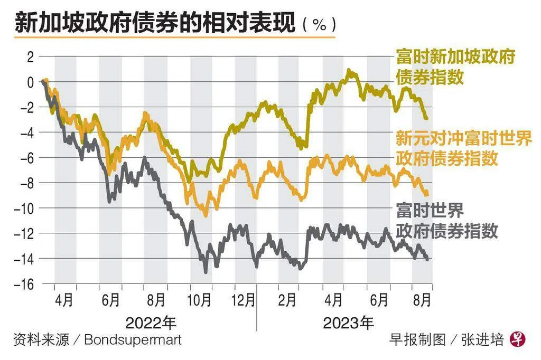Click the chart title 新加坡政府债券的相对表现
pos(154,24)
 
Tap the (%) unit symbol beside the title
pos(319,25)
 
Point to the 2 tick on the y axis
pos(30,57)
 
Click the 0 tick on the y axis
pos(30,82)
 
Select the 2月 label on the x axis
pos(287,300)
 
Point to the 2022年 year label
pos(151,321)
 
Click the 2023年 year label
pos(348,321)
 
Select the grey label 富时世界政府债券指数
pos(446,221)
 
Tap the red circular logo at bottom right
pos(517,339)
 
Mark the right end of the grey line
pos(427,259)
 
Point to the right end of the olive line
pos(426,118)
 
